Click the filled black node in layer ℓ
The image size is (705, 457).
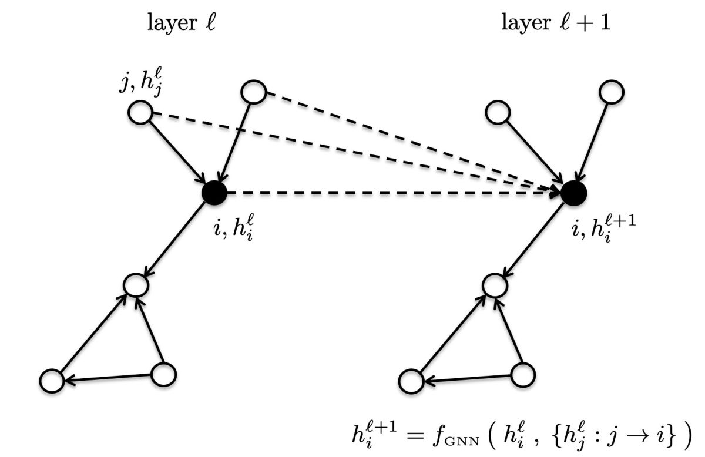coord(214,192)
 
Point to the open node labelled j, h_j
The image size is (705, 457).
coord(140,112)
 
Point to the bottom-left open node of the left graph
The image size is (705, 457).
coord(52,381)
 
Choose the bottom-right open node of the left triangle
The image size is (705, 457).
coord(163,374)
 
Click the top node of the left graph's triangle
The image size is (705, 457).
coord(136,284)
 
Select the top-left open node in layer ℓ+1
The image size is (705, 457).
coord(498,112)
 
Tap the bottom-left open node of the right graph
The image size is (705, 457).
coord(410,381)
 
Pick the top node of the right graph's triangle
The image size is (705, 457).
coord(494,284)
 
